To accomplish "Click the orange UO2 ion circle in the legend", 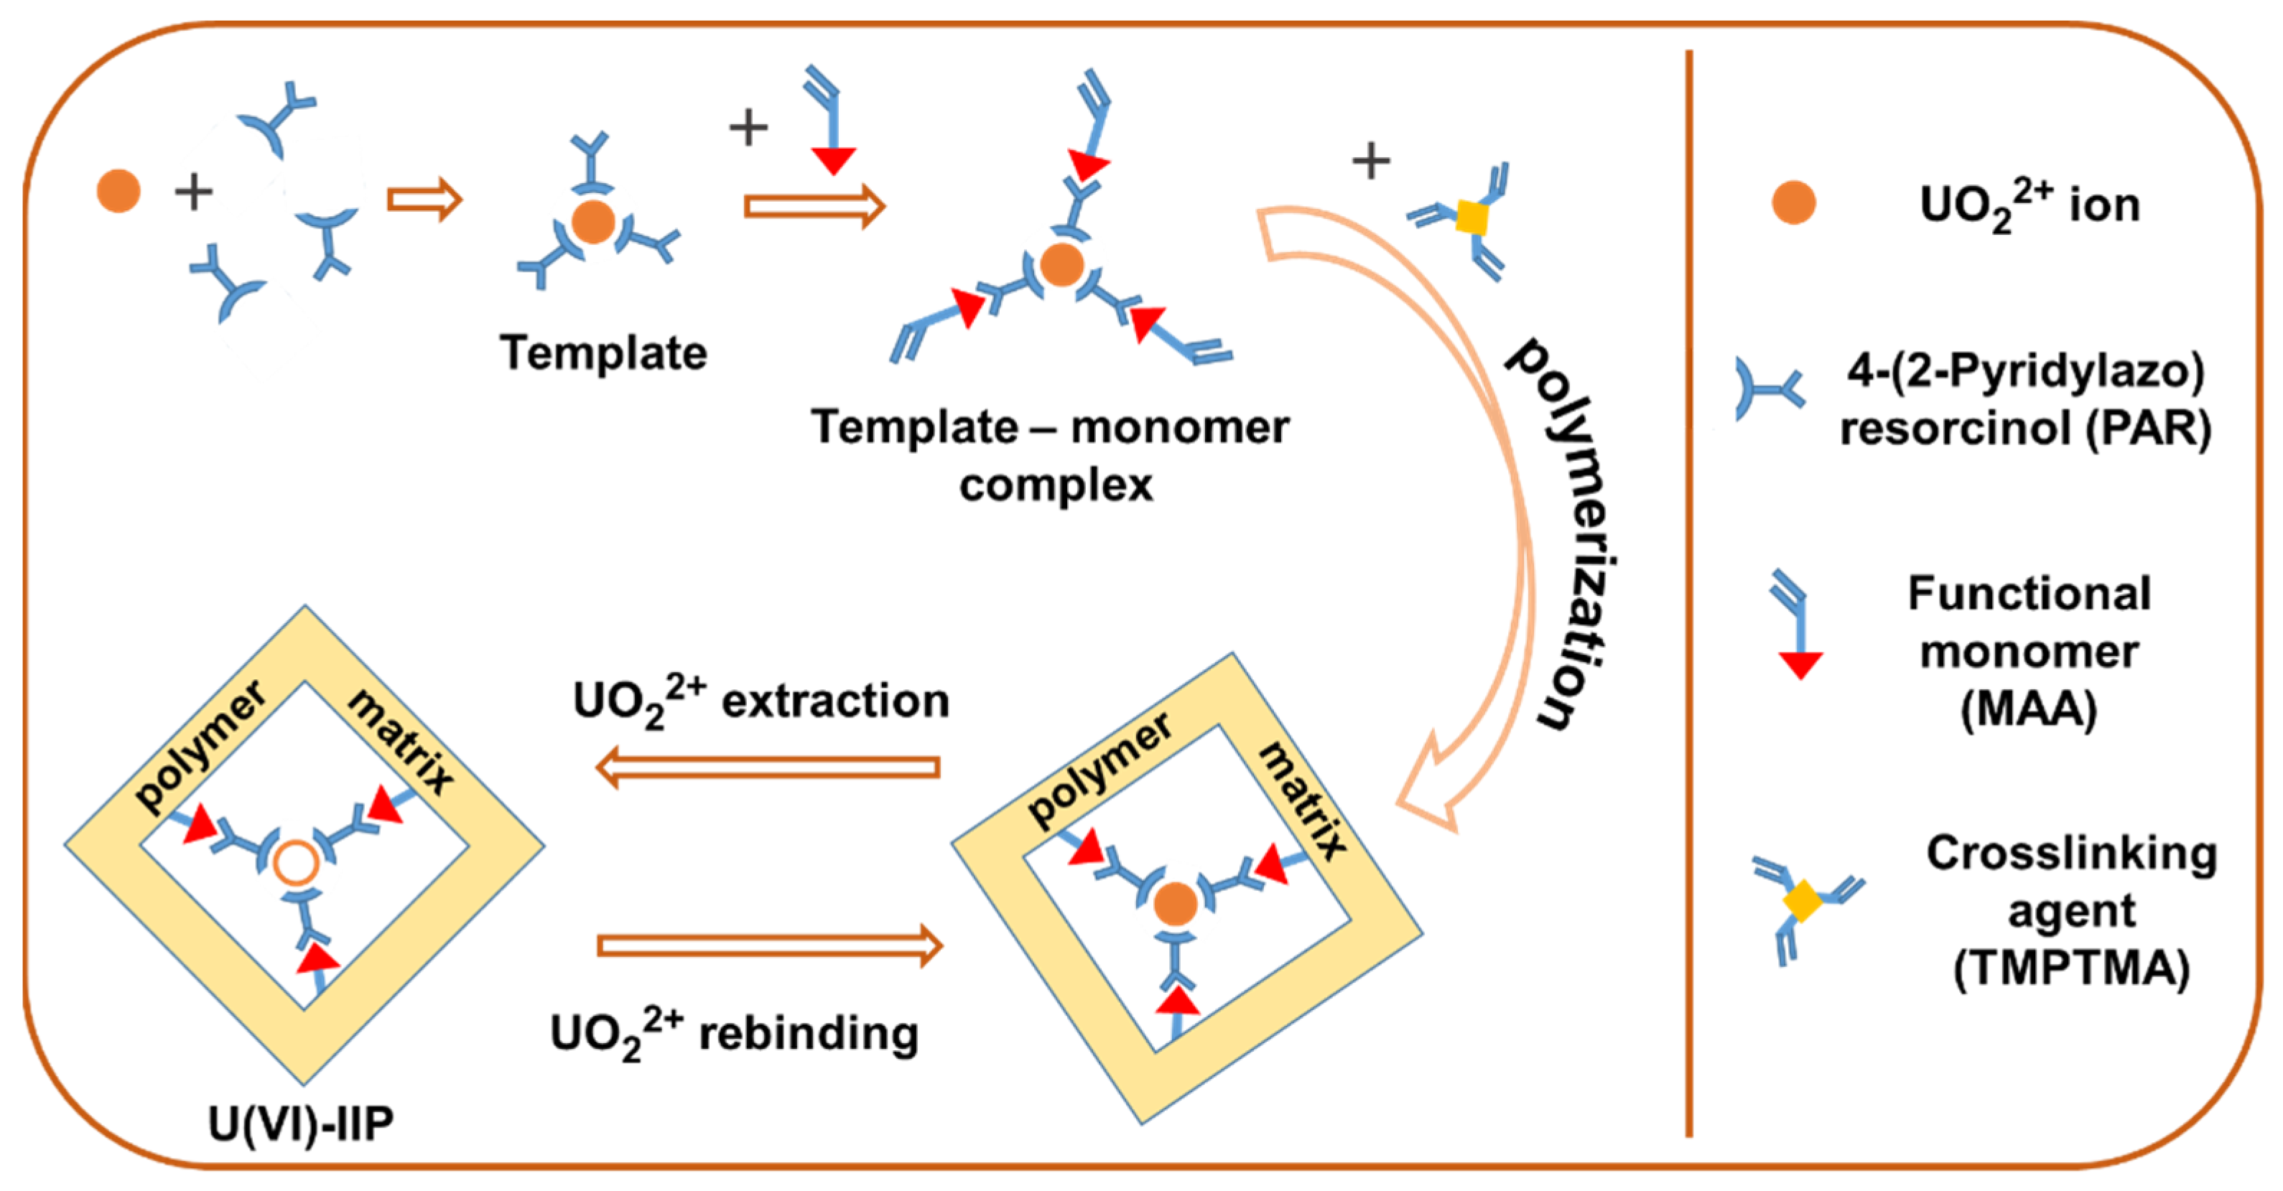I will click(1793, 203).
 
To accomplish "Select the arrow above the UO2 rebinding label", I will click(769, 945).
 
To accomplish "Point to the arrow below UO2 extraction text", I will click(769, 767).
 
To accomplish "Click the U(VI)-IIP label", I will click(302, 1124).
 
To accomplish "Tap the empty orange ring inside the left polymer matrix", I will click(295, 861).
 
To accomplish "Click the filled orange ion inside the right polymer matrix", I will click(1176, 903).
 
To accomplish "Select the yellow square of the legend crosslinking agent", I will click(1802, 901).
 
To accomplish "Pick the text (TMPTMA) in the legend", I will click(2071, 968).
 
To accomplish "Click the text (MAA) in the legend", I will click(2029, 709).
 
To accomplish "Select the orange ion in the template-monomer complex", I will click(1061, 264).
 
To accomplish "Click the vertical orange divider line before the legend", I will click(1689, 594).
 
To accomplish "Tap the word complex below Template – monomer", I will click(1056, 485).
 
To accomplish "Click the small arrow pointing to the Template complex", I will click(424, 200).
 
